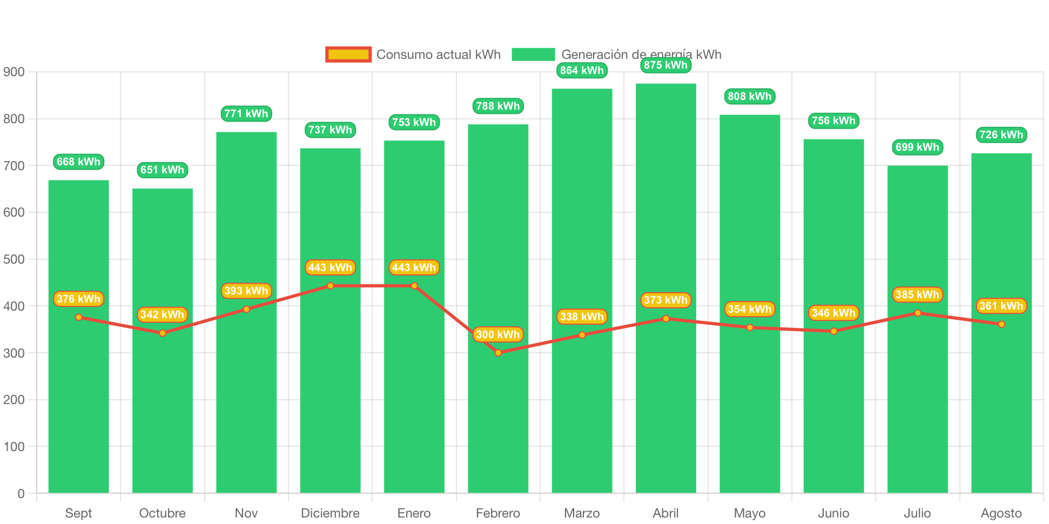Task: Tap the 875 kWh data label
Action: (x=665, y=65)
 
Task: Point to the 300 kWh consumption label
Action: (x=497, y=334)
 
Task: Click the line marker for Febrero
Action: (x=498, y=353)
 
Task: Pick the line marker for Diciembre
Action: (x=330, y=286)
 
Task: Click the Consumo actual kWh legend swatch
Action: (x=348, y=55)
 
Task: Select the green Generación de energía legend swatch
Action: (x=533, y=55)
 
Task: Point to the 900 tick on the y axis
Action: (x=14, y=72)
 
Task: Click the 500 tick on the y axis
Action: (x=14, y=259)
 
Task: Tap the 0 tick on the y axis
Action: (x=21, y=493)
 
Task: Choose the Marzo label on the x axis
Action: (x=582, y=513)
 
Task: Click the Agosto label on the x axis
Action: (x=1001, y=513)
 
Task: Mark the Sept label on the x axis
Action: (x=78, y=513)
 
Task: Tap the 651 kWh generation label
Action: (x=162, y=170)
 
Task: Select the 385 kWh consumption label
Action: (x=917, y=294)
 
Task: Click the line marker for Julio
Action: (x=917, y=313)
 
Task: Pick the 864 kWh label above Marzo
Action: (x=582, y=70)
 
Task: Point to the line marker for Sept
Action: (x=79, y=317)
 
